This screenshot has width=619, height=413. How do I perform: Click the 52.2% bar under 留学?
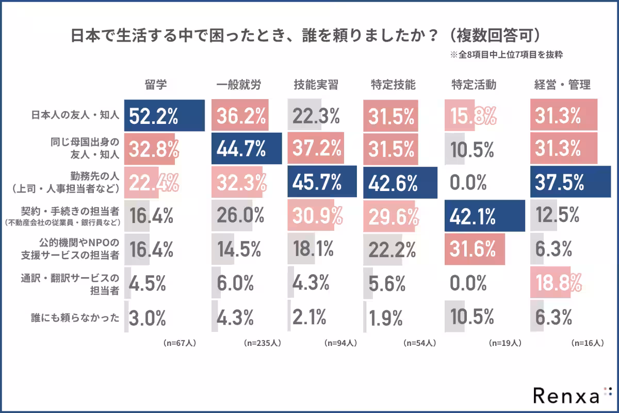[165, 116]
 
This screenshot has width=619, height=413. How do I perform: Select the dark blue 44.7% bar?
[247, 149]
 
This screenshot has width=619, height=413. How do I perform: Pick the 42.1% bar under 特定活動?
[484, 216]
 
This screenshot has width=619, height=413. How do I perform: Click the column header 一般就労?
[238, 85]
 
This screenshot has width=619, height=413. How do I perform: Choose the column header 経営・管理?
[562, 85]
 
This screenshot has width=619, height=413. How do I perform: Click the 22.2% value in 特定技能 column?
[392, 249]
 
